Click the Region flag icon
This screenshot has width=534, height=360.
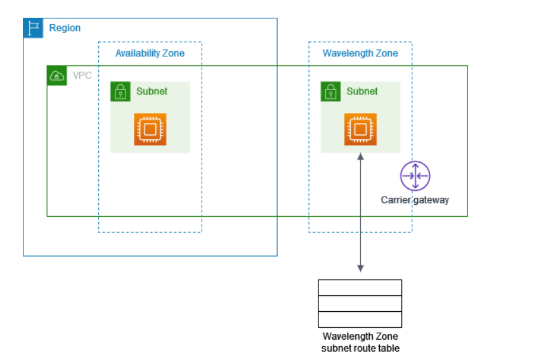33,28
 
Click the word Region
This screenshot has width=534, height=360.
65,29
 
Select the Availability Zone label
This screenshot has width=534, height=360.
150,53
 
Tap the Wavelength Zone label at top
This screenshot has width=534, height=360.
360,53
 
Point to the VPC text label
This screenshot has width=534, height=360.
82,76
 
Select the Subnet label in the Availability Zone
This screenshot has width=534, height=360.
152,91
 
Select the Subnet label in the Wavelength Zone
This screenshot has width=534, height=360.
362,91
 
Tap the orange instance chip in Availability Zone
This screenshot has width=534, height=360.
150,129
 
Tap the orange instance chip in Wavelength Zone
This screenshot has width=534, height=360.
360,129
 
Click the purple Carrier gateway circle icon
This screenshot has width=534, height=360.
415,176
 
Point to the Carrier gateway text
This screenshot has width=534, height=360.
415,200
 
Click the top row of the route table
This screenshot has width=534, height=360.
360,288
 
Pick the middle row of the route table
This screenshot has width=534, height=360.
360,304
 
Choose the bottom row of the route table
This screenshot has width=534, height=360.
360,319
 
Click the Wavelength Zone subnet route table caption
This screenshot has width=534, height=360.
360,342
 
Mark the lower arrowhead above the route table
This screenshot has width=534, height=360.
360,269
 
